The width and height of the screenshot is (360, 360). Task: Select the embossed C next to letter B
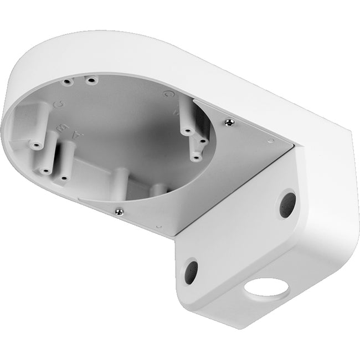56,104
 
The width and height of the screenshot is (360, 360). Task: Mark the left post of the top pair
68,81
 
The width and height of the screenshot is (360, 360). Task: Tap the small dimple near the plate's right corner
271,142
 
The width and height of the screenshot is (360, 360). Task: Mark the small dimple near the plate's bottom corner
159,227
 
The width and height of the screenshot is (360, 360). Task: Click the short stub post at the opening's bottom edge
119,180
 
